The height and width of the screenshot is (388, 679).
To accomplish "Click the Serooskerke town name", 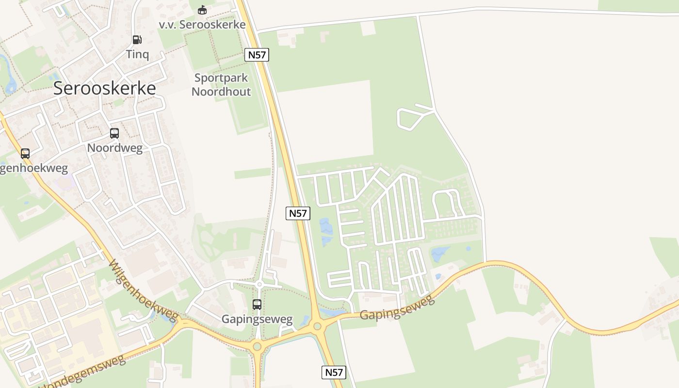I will point(104,88).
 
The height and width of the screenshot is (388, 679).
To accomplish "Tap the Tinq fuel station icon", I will point(137,40).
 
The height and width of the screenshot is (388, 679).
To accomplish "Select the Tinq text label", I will point(137,54).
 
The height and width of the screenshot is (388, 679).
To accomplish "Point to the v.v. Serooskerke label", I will point(202,24).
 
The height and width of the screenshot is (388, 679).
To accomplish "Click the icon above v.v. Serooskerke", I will point(202,10).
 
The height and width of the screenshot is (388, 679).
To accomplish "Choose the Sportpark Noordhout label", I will point(222,84).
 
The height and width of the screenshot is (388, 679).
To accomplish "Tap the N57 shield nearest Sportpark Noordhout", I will point(257,55).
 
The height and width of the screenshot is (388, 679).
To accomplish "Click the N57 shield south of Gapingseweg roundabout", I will point(334,372).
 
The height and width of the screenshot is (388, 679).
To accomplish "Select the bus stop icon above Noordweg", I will point(114,133).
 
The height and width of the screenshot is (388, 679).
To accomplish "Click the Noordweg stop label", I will point(115,148).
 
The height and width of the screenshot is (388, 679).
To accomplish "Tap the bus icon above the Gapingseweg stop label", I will point(257,305).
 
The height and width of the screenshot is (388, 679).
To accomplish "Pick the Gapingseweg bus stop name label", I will point(257,319).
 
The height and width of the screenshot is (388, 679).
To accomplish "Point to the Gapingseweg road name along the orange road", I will point(397,308).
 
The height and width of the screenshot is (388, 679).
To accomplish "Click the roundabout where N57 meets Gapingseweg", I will point(317,326).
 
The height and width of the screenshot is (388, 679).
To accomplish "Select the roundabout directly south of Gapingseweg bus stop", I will point(257,346).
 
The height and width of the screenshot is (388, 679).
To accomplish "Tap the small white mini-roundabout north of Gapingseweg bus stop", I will point(259,284).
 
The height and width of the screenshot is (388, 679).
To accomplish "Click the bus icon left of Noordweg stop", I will point(25,154).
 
